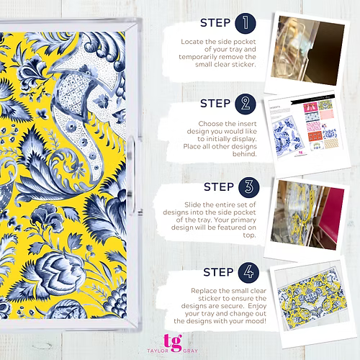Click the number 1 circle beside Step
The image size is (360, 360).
[x=246, y=23]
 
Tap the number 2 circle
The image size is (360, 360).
[x=246, y=104]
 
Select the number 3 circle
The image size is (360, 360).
[x=249, y=187]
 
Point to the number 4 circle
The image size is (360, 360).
[x=248, y=272]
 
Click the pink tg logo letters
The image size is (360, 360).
[x=173, y=343]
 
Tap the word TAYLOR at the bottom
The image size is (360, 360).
[x=158, y=351]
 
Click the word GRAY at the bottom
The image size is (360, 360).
[x=191, y=351]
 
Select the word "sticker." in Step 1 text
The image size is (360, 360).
[x=244, y=64]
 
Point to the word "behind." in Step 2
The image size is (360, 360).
[x=245, y=154]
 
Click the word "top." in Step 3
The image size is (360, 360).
[x=250, y=235]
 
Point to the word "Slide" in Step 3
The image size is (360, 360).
[x=193, y=204]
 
